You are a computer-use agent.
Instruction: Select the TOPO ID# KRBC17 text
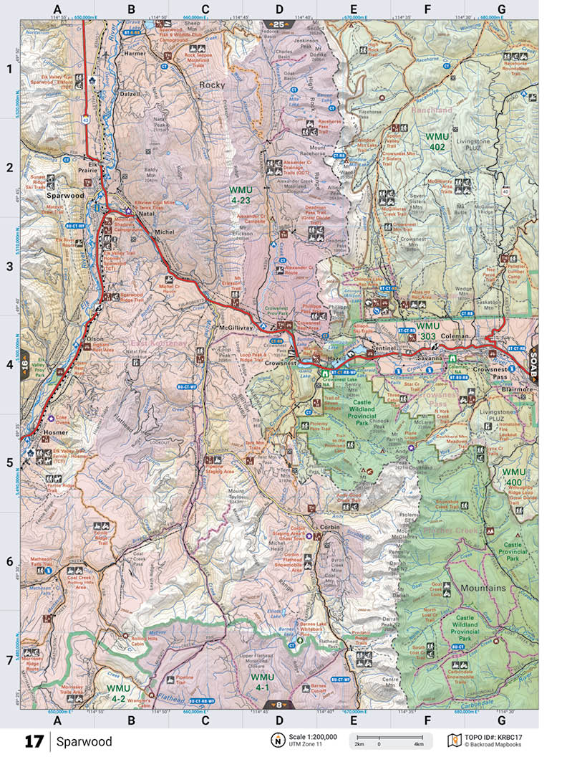[x=497, y=736]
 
